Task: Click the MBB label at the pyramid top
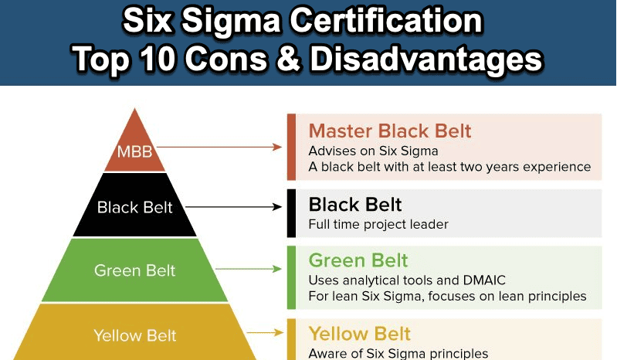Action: pos(134,151)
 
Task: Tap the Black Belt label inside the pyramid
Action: pos(134,207)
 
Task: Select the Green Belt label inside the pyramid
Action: pos(134,270)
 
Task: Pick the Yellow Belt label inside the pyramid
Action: pos(134,335)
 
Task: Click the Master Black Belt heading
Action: pos(389,131)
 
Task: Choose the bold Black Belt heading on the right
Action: pos(355,205)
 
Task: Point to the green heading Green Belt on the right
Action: pos(358,260)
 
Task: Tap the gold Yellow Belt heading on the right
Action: pos(360,334)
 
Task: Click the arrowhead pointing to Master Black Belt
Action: pos(278,147)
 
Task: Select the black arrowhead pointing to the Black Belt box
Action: pos(278,207)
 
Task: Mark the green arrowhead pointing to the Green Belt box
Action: pos(278,269)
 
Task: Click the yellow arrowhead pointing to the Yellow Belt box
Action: pos(279,333)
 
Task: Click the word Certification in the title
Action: pos(386,20)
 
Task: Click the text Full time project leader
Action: pos(378,224)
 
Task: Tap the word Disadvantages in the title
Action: pos(426,59)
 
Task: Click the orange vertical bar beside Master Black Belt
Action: pos(291,147)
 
